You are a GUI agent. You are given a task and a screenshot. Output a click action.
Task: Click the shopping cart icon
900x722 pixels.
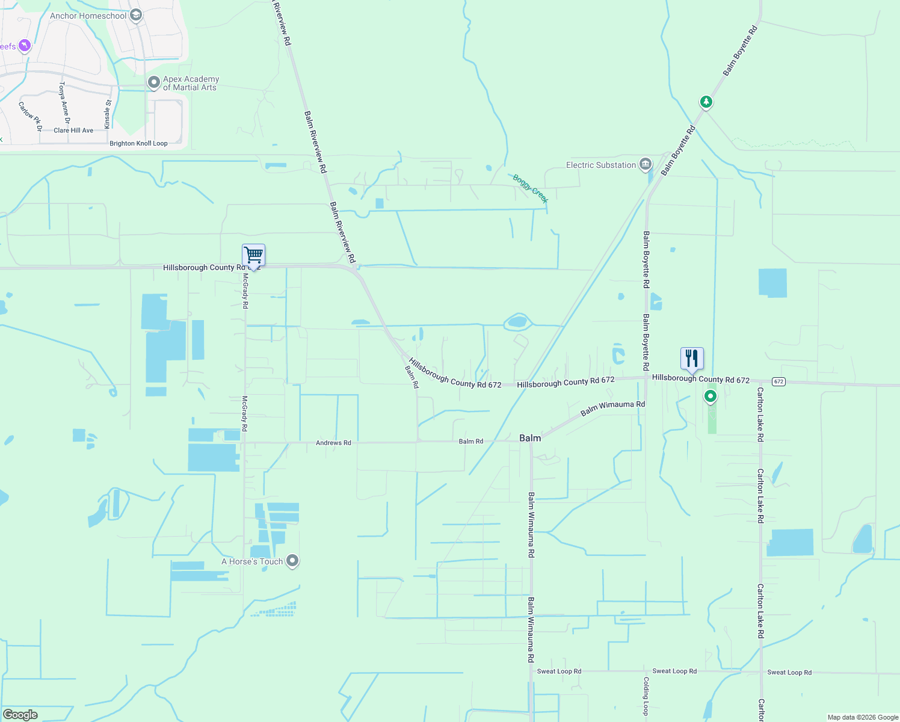(x=253, y=256)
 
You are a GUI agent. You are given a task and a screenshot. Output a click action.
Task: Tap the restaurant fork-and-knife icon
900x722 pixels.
(x=692, y=359)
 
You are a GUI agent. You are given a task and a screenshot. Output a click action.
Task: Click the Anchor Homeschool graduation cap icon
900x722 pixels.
(x=136, y=15)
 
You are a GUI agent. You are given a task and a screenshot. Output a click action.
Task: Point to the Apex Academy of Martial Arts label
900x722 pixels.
(x=191, y=83)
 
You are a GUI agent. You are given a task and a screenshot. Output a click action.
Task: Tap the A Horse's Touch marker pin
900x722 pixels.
(x=292, y=560)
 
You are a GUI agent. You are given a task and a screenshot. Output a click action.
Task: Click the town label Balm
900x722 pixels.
(x=530, y=438)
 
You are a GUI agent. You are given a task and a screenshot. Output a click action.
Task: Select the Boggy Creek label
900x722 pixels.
(x=530, y=188)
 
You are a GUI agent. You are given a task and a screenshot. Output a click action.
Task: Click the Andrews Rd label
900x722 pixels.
(x=333, y=443)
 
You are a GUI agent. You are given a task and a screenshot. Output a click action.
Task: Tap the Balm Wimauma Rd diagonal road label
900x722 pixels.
(x=612, y=409)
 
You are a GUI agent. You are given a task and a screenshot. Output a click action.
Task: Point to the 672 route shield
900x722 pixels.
(x=778, y=382)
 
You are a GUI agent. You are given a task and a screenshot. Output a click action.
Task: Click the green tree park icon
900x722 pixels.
(x=706, y=102)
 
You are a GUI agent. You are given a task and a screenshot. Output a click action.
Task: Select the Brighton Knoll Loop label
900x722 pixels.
(x=138, y=143)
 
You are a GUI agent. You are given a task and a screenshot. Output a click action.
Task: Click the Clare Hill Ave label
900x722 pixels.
(x=73, y=130)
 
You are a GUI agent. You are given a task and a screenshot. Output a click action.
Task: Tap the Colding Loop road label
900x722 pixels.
(x=646, y=696)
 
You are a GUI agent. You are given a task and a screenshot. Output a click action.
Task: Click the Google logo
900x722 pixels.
(x=20, y=715)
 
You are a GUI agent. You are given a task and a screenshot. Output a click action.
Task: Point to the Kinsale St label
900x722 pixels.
(x=108, y=114)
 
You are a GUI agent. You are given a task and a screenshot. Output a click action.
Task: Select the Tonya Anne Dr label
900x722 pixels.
(x=64, y=99)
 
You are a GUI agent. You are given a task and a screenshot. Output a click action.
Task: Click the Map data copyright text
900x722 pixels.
(x=863, y=717)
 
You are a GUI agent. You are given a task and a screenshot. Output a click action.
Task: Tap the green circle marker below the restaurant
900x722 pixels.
(x=710, y=396)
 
